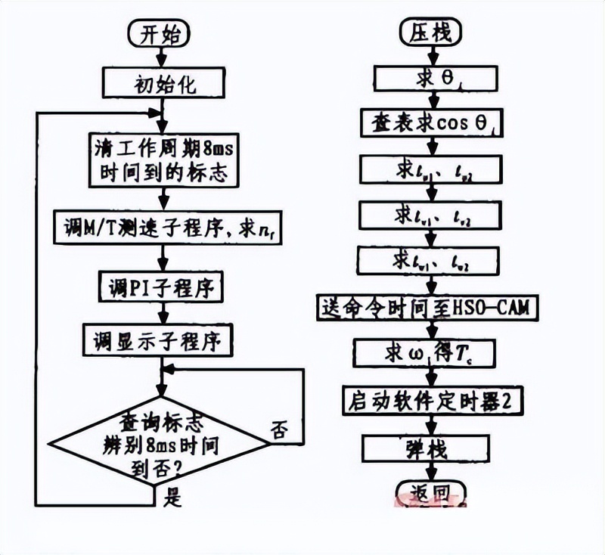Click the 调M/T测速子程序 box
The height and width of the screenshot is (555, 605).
[164, 224]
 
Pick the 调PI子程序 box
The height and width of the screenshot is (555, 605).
[163, 288]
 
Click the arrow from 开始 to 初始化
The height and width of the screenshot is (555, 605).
[160, 57]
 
